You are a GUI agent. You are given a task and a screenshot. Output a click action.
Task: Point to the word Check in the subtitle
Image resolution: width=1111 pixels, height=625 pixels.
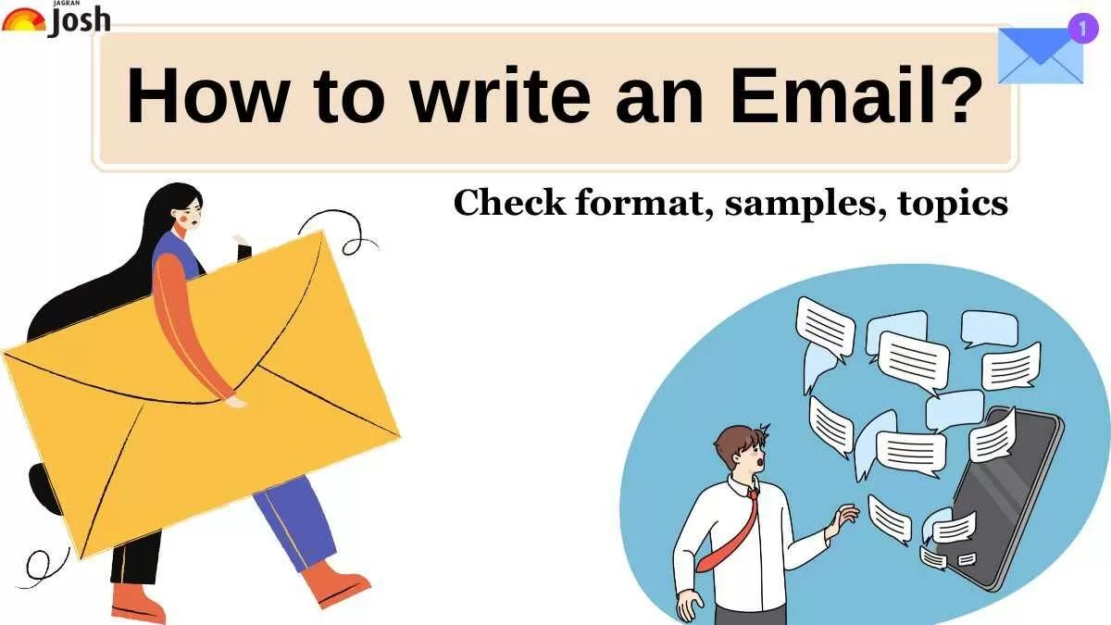click(x=508, y=203)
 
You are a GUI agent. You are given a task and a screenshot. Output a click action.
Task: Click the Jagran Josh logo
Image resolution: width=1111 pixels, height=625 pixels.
click(x=56, y=19)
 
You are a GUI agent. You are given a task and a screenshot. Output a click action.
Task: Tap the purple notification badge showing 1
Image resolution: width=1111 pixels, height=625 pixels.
click(x=1081, y=28)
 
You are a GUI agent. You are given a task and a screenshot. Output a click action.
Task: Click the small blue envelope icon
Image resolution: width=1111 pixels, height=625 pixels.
click(x=1039, y=57)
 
